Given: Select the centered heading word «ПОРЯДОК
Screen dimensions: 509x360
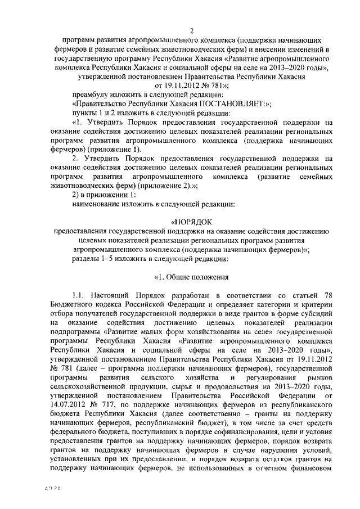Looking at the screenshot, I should click(x=191, y=222).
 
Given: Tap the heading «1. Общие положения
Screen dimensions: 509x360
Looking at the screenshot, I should click(x=191, y=276).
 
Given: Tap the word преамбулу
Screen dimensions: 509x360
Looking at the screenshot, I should click(x=92, y=94).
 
